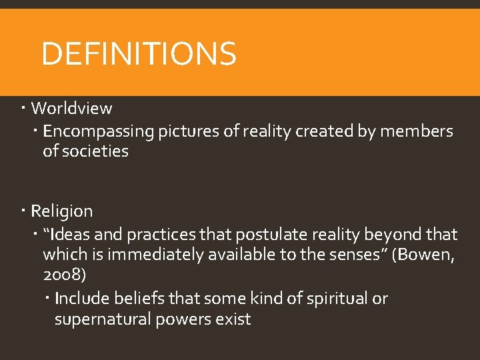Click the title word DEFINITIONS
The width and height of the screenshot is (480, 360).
pyautogui.click(x=139, y=54)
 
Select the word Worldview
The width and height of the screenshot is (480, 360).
pyautogui.click(x=71, y=108)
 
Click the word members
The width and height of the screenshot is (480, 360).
pyautogui.click(x=416, y=131)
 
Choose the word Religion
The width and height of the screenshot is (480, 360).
pyautogui.click(x=62, y=211)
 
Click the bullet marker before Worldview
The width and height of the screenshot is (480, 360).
pyautogui.click(x=23, y=107)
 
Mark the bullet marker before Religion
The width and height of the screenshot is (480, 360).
pyautogui.click(x=23, y=210)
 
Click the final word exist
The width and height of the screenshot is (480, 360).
pyautogui.click(x=234, y=319)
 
